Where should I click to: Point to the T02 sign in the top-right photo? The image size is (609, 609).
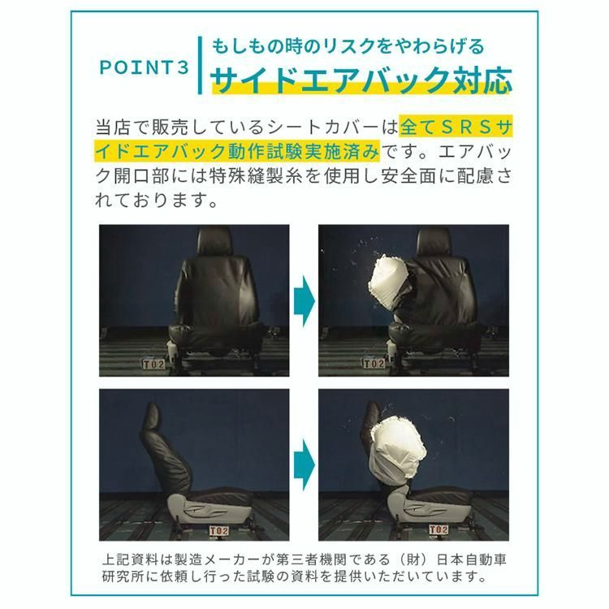click(374, 364)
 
